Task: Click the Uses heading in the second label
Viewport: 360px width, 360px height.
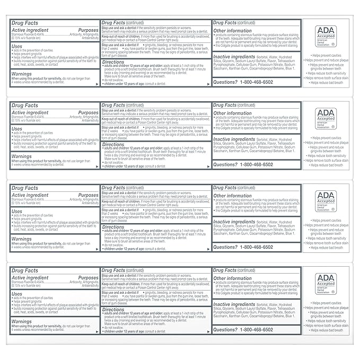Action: click(x=17, y=129)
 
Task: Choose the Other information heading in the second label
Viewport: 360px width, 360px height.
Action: click(x=232, y=113)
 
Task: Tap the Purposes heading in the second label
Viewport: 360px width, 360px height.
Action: click(x=89, y=113)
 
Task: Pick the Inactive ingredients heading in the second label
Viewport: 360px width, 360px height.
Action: click(x=234, y=139)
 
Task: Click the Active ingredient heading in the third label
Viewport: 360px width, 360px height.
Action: click(x=33, y=195)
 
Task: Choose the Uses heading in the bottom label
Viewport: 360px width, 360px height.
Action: click(x=17, y=294)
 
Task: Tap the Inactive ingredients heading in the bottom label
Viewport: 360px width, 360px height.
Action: click(x=234, y=304)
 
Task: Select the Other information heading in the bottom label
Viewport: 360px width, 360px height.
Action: click(x=232, y=278)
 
